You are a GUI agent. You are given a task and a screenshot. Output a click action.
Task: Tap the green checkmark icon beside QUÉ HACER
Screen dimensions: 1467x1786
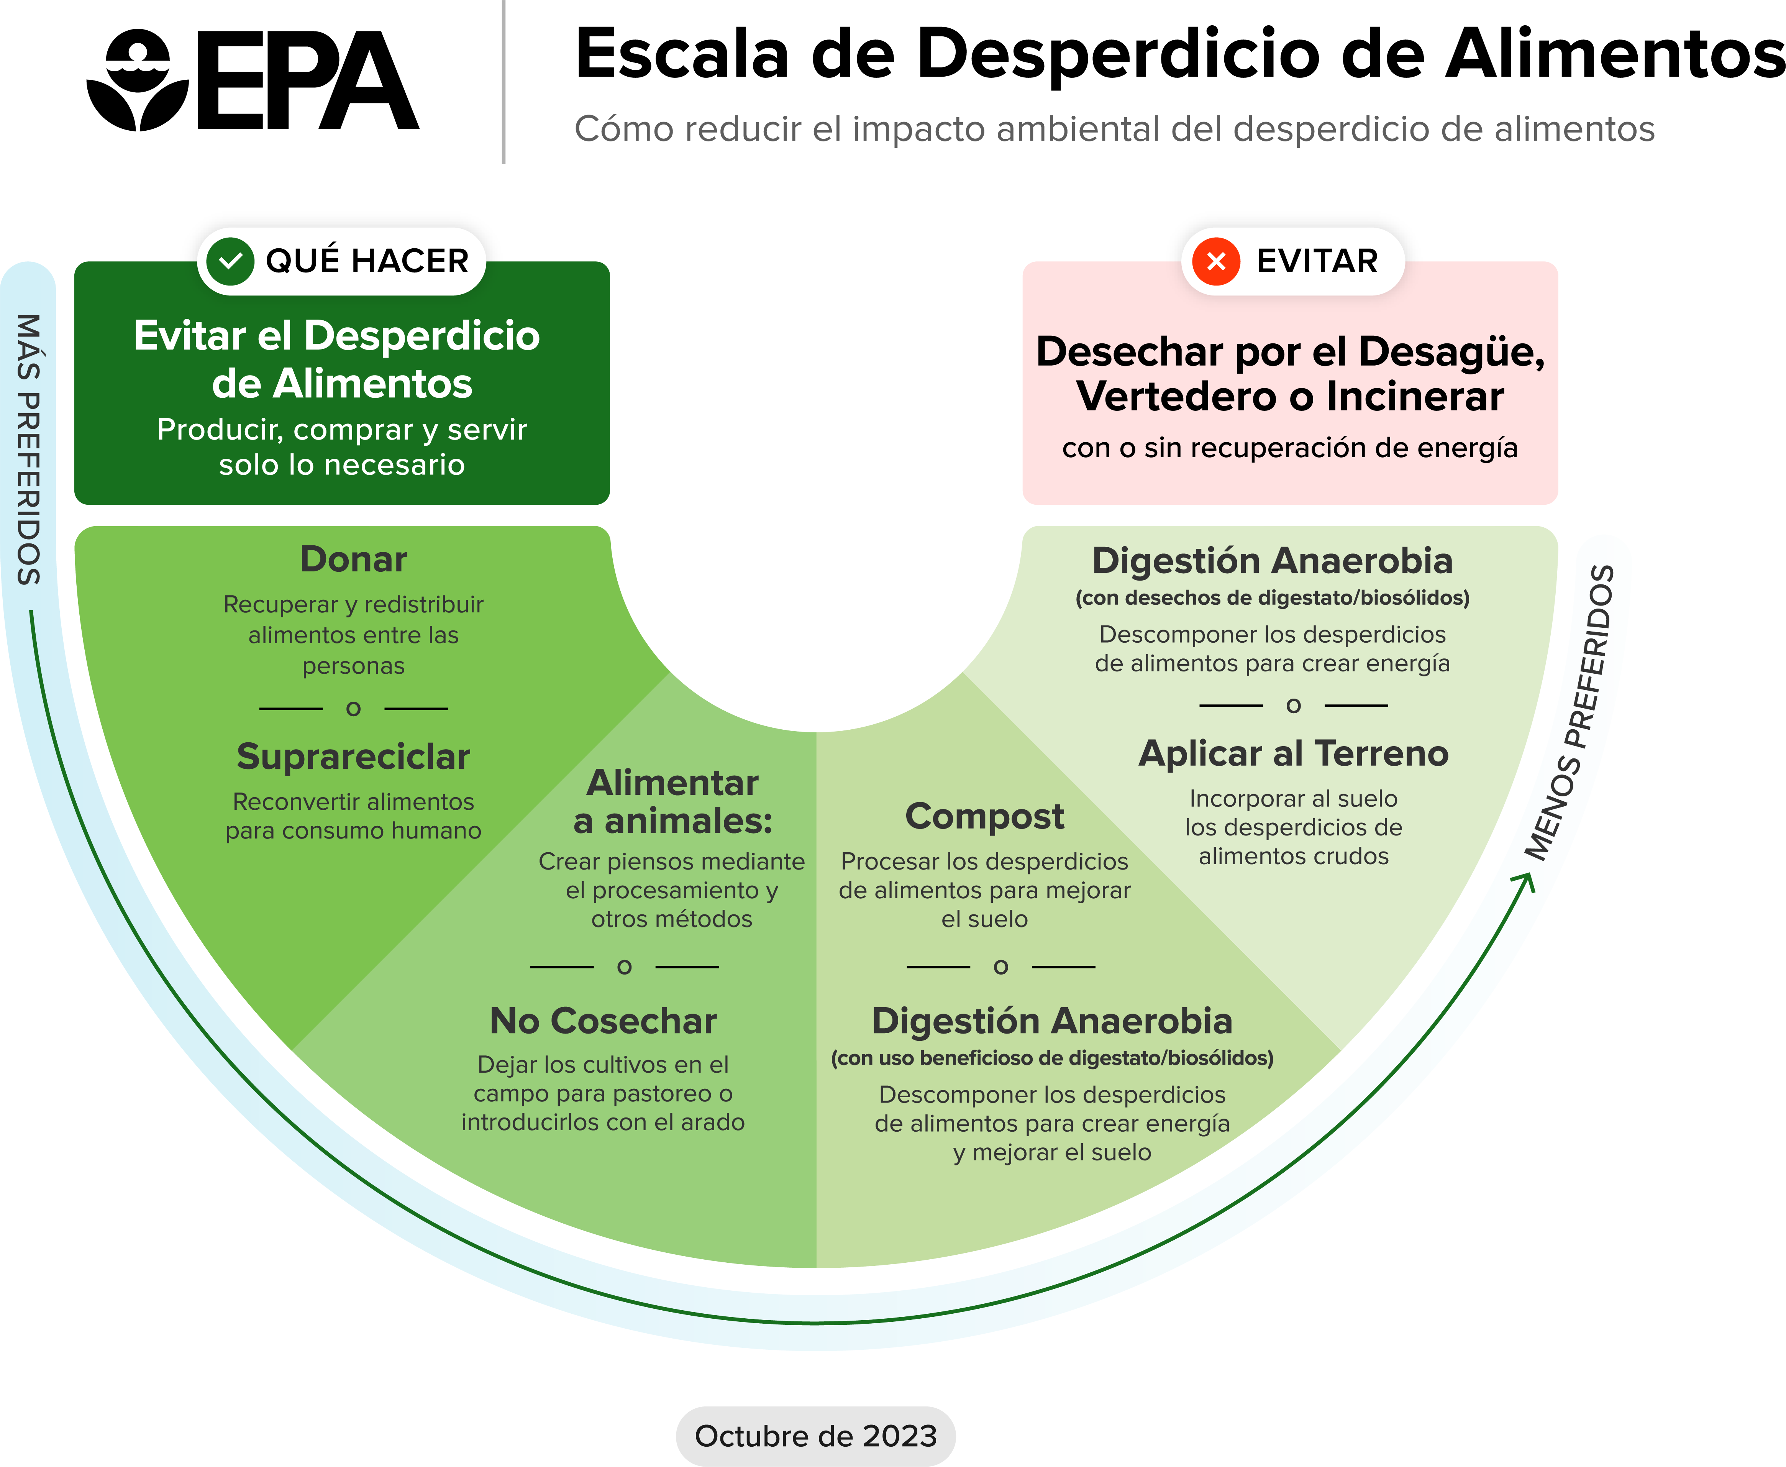230,261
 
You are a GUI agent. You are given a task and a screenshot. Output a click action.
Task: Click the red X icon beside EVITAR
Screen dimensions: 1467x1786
1216,261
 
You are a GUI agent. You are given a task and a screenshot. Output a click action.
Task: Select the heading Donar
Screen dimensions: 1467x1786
353,560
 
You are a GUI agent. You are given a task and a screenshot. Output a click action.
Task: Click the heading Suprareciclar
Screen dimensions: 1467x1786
353,756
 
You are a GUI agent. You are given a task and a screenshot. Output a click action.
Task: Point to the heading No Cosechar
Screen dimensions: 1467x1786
603,1021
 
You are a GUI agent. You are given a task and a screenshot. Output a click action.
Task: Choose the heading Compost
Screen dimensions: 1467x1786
984,816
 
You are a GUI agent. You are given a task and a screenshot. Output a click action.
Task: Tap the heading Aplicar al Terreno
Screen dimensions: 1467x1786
1294,753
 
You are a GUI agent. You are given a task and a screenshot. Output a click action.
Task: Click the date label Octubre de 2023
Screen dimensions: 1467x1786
815,1436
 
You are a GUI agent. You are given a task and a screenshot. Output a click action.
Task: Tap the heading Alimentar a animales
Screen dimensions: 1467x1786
672,801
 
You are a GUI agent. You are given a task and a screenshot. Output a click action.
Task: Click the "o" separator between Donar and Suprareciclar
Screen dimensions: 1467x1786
353,708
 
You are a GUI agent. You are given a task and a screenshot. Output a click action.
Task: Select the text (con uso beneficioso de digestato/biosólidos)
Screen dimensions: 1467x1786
1052,1058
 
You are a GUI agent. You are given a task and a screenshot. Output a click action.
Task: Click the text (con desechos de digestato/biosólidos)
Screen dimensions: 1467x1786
1272,597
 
